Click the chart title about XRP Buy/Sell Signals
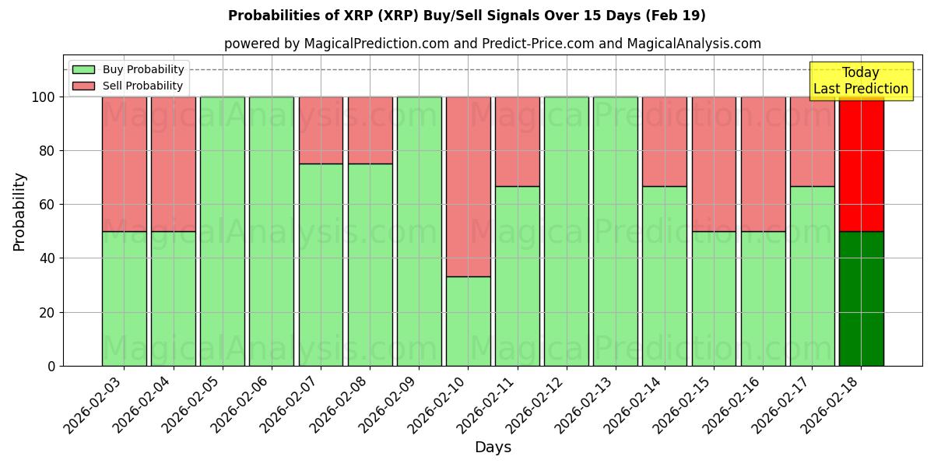(x=466, y=16)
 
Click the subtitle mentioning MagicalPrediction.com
(x=492, y=44)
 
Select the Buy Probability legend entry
(x=128, y=69)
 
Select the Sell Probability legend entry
(x=128, y=86)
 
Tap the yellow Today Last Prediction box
(x=860, y=81)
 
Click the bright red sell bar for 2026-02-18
(x=861, y=164)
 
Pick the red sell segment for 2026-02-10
(x=468, y=187)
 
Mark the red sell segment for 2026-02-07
(x=321, y=130)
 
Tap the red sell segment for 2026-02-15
(x=714, y=164)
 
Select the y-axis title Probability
(x=19, y=211)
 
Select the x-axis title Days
(x=493, y=448)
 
